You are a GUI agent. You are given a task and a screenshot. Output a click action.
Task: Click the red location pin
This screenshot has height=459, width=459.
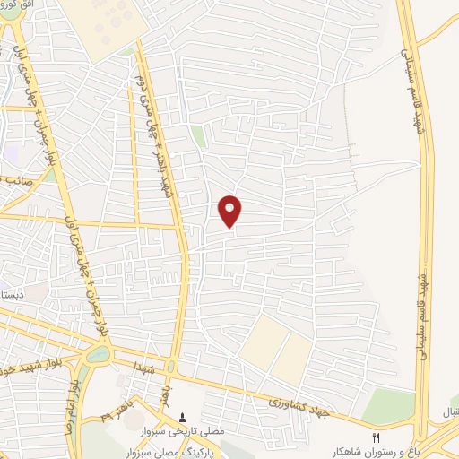point(230,210)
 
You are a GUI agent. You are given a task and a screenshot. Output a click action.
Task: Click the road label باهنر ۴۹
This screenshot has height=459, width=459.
point(122,413)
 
